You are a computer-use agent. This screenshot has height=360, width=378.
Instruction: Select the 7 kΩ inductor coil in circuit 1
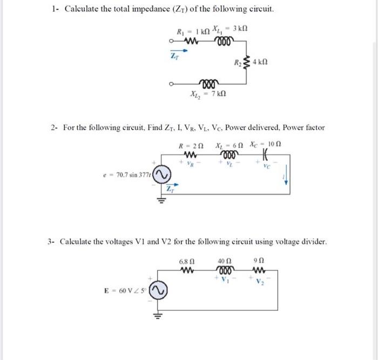tap(208, 83)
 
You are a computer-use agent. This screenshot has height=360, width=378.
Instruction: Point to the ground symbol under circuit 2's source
tap(160, 203)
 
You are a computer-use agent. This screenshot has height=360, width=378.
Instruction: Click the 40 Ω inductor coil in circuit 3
tap(224, 270)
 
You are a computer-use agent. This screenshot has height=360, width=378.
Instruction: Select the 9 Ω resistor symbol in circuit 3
tap(256, 270)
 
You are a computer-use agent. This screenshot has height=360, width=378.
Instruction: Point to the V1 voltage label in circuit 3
tap(226, 281)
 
